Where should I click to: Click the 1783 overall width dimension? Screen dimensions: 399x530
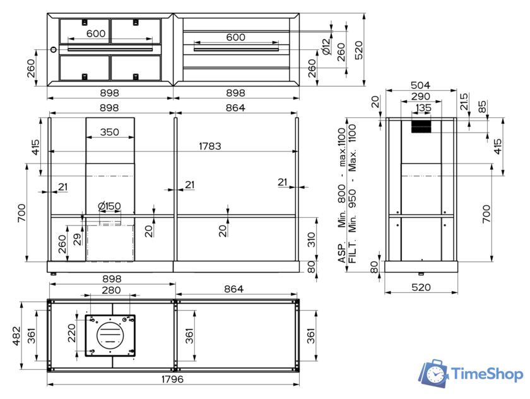210,146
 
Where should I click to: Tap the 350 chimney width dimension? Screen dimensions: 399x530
109,133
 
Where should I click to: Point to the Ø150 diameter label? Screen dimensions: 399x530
109,206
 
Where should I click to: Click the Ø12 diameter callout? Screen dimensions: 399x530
326,47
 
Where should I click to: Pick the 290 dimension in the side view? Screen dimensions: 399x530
420,97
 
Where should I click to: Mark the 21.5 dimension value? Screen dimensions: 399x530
464,100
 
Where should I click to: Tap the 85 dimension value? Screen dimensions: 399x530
483,107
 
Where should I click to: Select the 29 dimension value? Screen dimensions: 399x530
77,239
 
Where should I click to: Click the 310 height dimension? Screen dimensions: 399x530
310,239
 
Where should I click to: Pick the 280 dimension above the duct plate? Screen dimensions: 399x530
110,290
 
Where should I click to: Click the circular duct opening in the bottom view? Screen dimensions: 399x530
110,333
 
